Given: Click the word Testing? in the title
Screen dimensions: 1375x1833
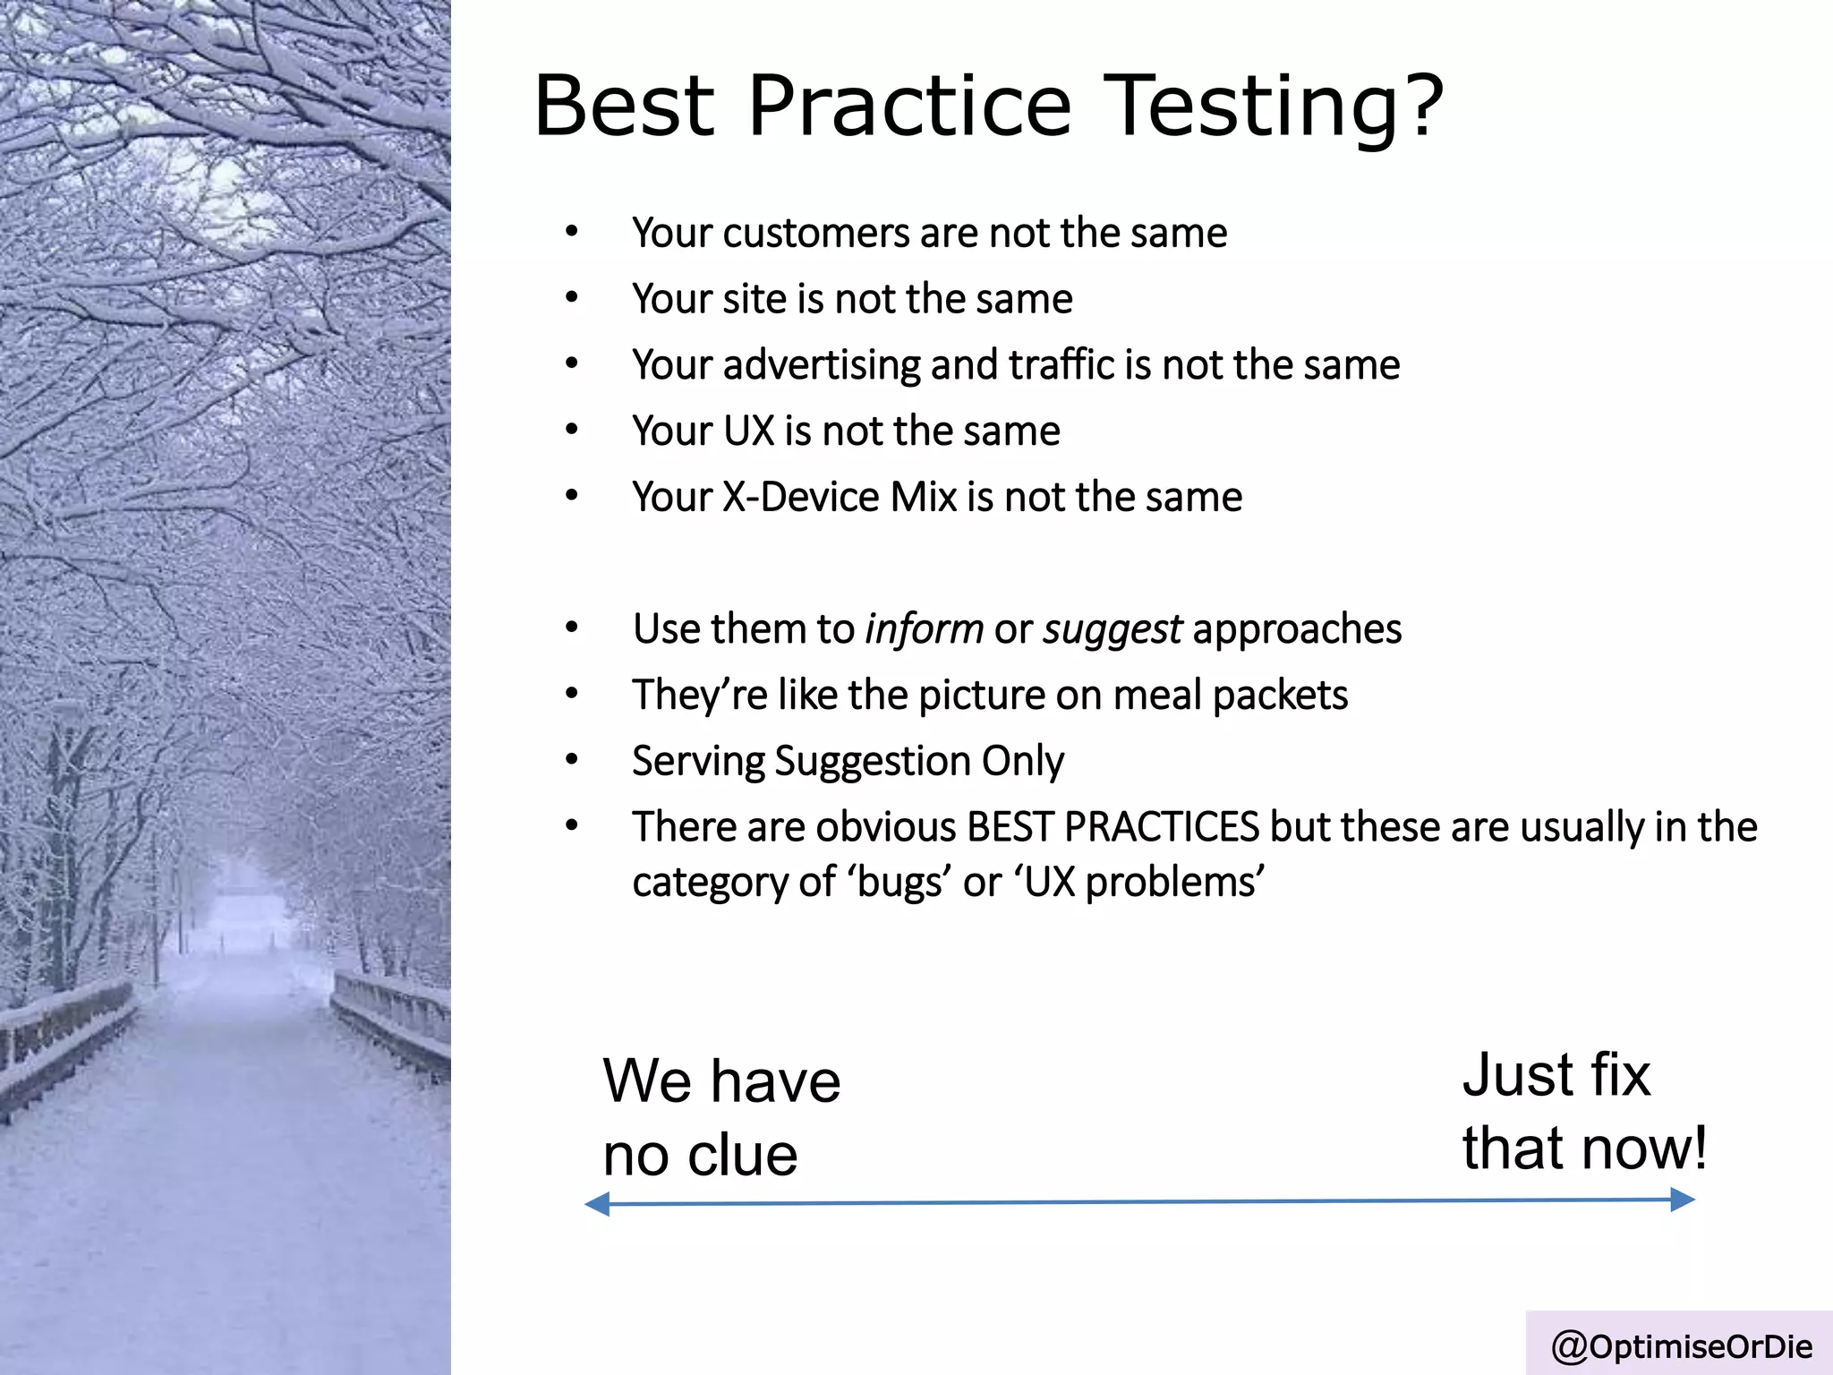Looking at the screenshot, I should tap(1275, 107).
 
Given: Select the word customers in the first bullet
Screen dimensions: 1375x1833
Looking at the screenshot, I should tap(815, 234).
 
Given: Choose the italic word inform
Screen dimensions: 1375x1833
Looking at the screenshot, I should tap(924, 628).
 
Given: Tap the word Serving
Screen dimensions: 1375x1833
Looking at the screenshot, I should tap(698, 762).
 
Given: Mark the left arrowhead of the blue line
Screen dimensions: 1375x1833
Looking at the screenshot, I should tap(596, 1204).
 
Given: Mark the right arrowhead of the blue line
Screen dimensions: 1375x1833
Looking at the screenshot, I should tap(1684, 1200).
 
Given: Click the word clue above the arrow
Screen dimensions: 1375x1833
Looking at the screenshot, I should tap(743, 1156).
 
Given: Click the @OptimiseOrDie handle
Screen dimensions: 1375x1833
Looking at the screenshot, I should tap(1681, 1346).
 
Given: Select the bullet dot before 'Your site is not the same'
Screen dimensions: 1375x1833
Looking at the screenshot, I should tap(572, 298).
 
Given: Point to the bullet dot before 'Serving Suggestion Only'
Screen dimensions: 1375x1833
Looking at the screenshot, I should tap(572, 760).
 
